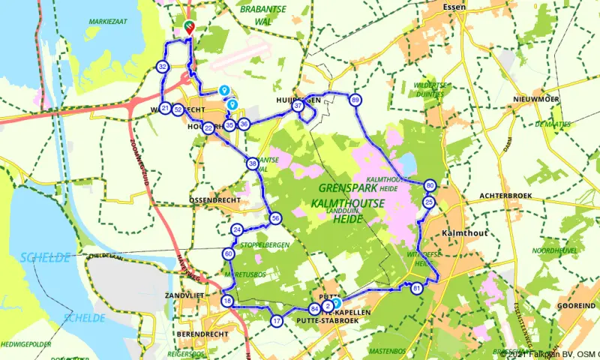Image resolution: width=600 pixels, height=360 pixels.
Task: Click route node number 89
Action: tap(355, 100)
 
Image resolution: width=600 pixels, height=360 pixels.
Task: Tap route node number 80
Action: tap(430, 185)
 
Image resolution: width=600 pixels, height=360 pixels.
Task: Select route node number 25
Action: tap(429, 202)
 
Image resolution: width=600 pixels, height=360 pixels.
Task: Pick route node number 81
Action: tap(417, 288)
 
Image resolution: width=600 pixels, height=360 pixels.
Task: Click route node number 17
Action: tap(277, 321)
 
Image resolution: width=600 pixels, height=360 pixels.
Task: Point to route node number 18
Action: tap(227, 301)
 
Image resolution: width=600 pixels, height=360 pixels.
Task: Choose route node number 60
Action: tap(229, 254)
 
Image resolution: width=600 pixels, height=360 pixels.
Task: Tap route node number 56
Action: tap(276, 218)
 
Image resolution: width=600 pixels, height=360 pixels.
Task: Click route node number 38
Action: tap(253, 163)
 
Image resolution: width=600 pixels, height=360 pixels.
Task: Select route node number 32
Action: tap(163, 67)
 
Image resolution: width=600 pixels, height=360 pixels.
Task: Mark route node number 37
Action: tap(298, 106)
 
